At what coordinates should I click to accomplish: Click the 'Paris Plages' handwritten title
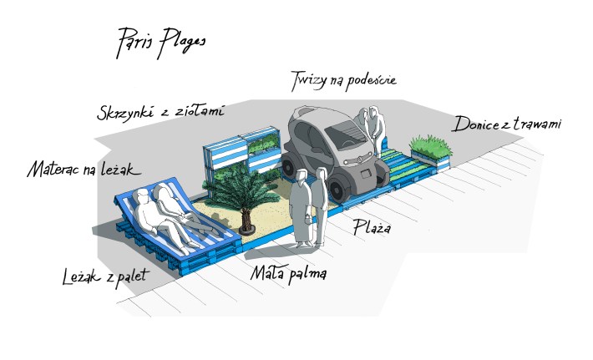point(161,43)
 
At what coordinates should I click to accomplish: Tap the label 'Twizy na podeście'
point(343,81)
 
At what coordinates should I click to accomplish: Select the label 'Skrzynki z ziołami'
point(160,112)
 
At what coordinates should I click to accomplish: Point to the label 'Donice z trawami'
point(507,124)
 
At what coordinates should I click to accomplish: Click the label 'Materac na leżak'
point(84,169)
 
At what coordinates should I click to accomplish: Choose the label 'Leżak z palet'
point(106,276)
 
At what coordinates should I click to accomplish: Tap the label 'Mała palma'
point(288,273)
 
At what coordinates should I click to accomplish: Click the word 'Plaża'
point(372,227)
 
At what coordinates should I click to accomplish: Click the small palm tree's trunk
point(246,217)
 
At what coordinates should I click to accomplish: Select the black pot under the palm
point(246,228)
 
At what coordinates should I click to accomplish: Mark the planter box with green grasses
point(431,152)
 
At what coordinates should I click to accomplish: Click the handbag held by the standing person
point(308,218)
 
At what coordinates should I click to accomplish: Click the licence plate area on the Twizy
point(366,174)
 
